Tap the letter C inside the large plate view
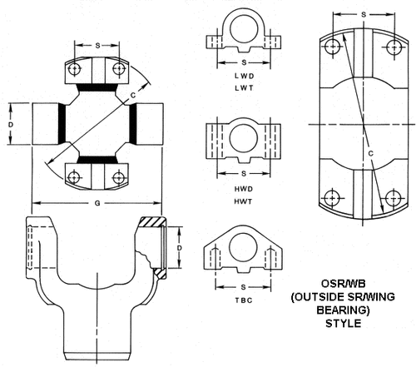[x=369, y=153]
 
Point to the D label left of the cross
[x=12, y=124]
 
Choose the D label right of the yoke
[x=179, y=248]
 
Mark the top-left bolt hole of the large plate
[x=333, y=48]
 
